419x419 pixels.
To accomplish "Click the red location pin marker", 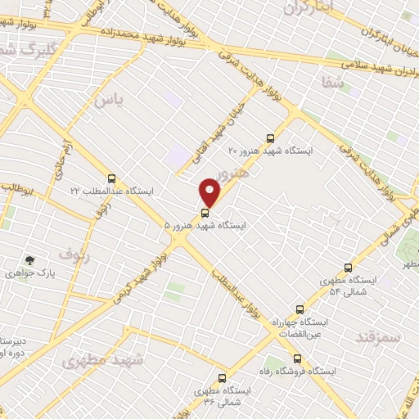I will (210, 192).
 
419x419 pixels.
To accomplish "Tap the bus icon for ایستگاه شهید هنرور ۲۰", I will (272, 137).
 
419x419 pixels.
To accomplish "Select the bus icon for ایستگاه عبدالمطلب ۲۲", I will (111, 178).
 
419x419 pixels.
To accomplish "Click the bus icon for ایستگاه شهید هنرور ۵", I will (205, 214).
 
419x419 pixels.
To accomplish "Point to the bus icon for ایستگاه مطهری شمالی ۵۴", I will (349, 268).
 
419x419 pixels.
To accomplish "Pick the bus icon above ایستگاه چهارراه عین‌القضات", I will (300, 309).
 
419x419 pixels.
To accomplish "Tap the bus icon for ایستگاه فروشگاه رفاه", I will (297, 358).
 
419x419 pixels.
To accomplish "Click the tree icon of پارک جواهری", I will (30, 260).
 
